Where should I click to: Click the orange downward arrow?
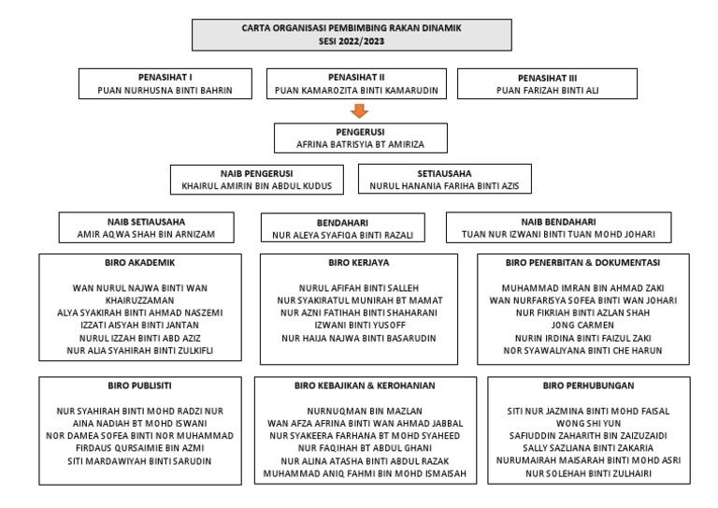click(353, 111)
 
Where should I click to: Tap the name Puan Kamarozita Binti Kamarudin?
click(353, 91)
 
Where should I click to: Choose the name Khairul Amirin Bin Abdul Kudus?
click(257, 186)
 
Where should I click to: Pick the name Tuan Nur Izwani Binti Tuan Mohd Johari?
click(558, 234)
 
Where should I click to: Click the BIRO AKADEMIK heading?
click(140, 263)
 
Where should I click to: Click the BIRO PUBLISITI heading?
click(139, 385)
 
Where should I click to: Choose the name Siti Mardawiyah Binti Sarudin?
click(140, 460)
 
